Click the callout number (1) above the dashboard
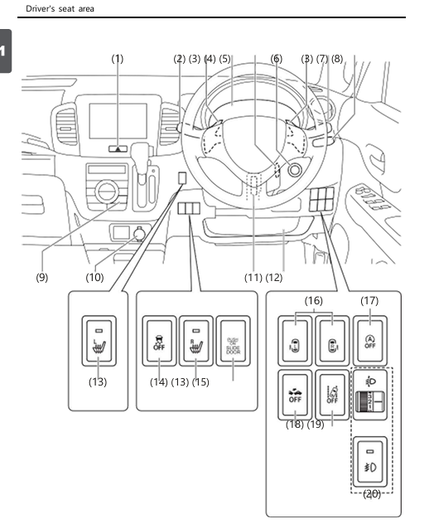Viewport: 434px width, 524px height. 118,59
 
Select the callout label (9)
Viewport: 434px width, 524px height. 41,276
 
